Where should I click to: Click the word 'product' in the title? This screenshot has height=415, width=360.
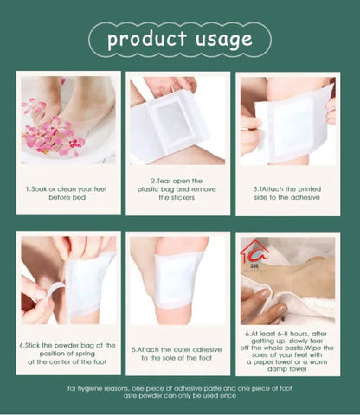[147, 39]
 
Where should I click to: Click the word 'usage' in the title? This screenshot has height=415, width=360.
[223, 39]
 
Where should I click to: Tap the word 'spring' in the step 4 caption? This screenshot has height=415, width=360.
[93, 353]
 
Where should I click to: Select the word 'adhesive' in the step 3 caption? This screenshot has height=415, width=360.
[314, 196]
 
